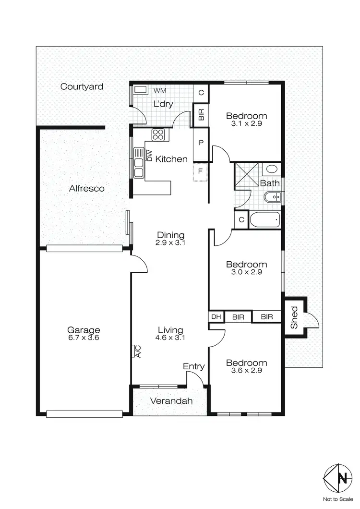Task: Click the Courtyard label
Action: [x=82, y=87]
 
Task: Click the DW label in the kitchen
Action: [x=149, y=156]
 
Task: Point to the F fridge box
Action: [x=200, y=172]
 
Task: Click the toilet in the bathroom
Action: [x=272, y=170]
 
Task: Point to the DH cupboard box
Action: [x=216, y=317]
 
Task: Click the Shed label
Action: [x=294, y=317]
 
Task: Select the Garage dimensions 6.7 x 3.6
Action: [x=84, y=338]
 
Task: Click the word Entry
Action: [x=194, y=366]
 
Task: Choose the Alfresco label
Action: [x=86, y=189]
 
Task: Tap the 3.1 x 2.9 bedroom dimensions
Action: [x=246, y=124]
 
